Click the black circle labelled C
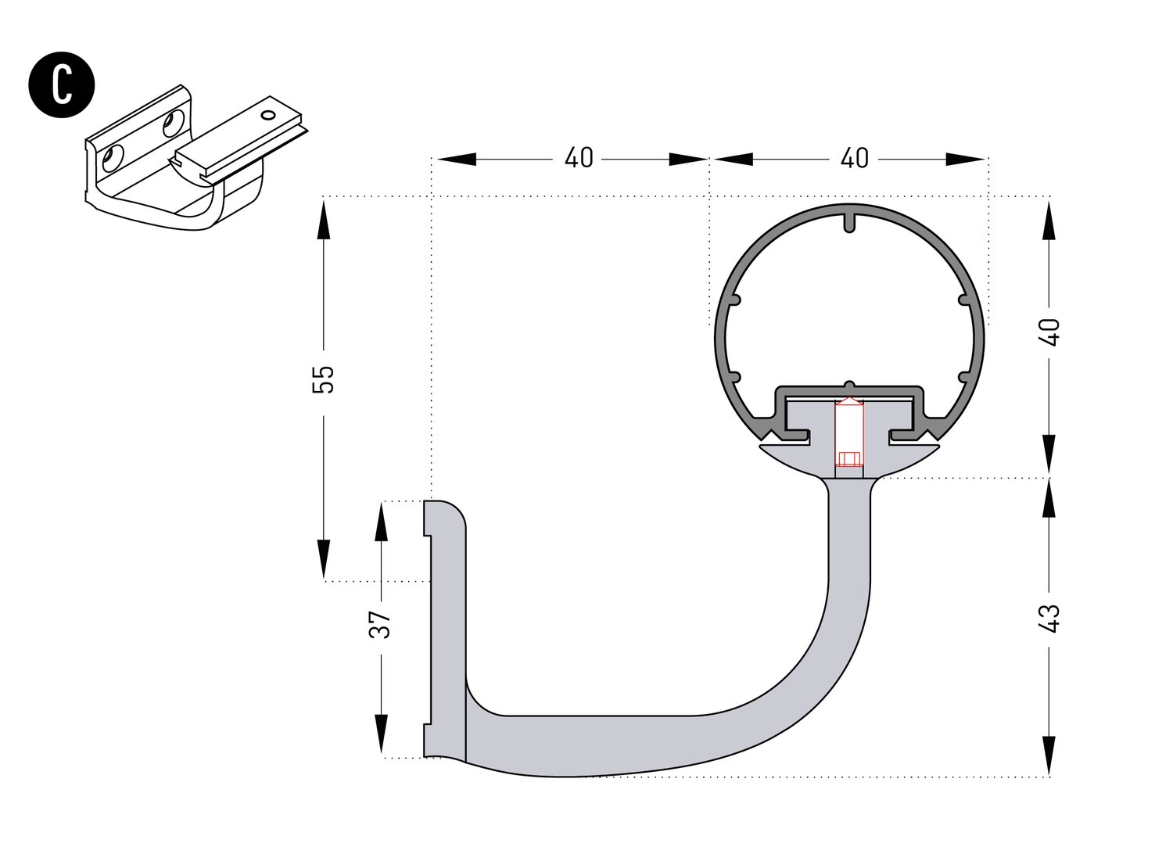pos(62,84)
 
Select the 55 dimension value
pos(323,379)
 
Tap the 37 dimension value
pos(380,624)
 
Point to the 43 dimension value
pos(1050,619)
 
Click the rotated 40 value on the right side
pos(1050,332)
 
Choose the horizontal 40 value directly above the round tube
pos(854,159)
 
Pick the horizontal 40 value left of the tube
pos(579,159)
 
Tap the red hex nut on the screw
pos(848,458)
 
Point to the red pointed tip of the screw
pos(848,402)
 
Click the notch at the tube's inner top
pos(849,221)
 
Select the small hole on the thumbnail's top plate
pos(269,115)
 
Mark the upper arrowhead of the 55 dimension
pos(323,219)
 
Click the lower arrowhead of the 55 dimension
pos(323,559)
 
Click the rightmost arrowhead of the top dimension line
pos(966,160)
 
